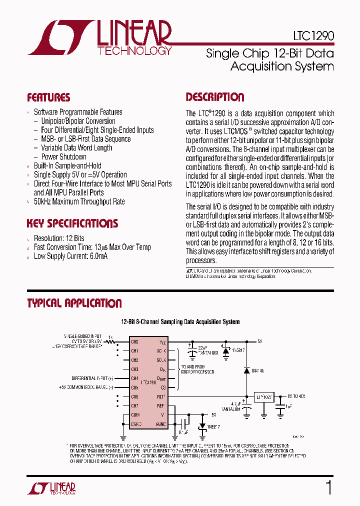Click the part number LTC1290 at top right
(x=313, y=37)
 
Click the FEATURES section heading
(x=48, y=97)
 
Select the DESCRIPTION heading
(x=215, y=97)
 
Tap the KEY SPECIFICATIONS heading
(x=72, y=223)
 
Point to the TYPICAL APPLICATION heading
(x=74, y=303)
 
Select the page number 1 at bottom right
(x=328, y=487)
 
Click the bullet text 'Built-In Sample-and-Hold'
(x=67, y=165)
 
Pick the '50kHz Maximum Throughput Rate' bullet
(x=79, y=201)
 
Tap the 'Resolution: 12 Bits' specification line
(x=59, y=238)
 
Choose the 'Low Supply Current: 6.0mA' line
(x=70, y=256)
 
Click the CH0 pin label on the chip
(x=134, y=341)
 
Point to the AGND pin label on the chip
(x=160, y=424)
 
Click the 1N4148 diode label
(x=258, y=371)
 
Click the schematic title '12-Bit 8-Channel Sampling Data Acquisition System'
(x=180, y=322)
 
